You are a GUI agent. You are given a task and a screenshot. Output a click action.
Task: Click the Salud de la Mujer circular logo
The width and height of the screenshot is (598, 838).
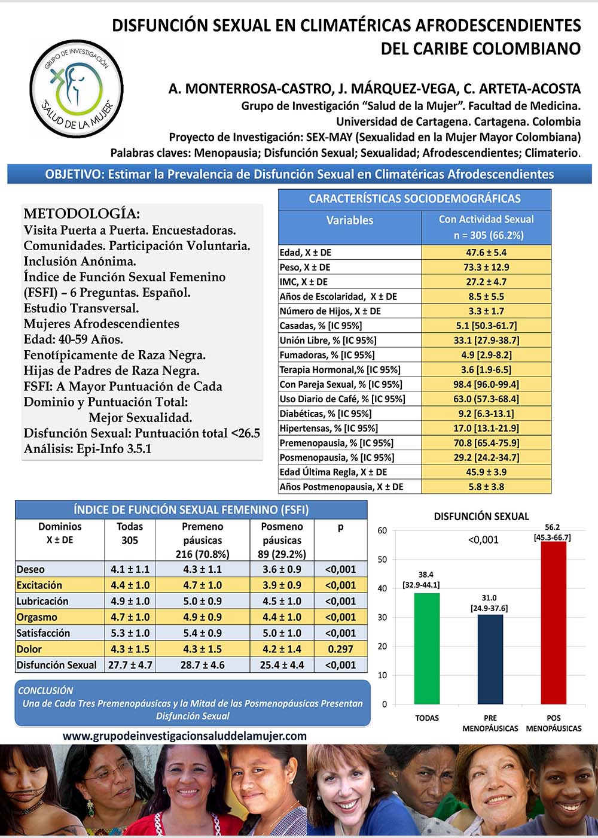click(x=77, y=88)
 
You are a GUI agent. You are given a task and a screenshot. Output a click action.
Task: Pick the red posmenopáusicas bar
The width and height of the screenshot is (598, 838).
click(x=553, y=623)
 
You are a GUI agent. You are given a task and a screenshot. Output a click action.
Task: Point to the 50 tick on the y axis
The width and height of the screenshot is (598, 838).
click(x=382, y=560)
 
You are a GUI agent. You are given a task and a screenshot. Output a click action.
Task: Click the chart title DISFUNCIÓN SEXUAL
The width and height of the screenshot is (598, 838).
click(x=481, y=517)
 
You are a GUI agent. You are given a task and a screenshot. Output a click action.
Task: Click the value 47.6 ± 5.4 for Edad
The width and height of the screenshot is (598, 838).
click(x=486, y=253)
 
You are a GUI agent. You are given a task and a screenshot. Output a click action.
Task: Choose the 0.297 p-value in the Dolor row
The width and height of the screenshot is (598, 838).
click(x=340, y=649)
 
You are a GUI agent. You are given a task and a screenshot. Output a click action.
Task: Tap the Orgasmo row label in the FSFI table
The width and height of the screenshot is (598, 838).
click(x=37, y=617)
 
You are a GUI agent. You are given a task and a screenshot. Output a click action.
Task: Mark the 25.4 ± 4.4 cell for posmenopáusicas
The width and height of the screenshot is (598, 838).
click(x=282, y=665)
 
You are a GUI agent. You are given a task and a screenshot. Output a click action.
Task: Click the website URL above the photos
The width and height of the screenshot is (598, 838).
click(x=184, y=736)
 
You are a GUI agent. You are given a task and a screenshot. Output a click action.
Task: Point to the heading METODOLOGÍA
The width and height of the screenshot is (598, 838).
click(x=81, y=214)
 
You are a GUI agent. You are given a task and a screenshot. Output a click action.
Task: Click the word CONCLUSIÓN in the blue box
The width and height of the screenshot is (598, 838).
click(x=45, y=690)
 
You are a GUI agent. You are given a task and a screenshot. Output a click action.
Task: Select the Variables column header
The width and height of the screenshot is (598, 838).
click(x=350, y=220)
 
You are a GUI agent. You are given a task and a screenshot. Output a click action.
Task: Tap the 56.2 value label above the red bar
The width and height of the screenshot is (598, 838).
click(x=552, y=527)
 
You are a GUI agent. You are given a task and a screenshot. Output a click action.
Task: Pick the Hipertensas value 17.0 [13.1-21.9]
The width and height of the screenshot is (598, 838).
click(x=486, y=428)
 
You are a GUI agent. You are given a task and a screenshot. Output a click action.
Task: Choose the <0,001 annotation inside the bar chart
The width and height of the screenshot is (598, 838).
click(x=483, y=540)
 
